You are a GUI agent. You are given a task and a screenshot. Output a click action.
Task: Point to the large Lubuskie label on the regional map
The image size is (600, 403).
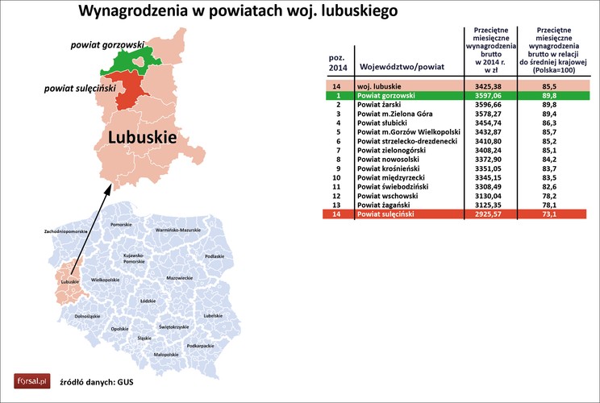point(143,138)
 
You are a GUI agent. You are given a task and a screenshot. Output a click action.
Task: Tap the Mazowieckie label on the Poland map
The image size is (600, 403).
point(179,277)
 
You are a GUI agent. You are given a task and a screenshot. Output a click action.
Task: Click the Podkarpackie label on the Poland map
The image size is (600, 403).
point(200,345)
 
